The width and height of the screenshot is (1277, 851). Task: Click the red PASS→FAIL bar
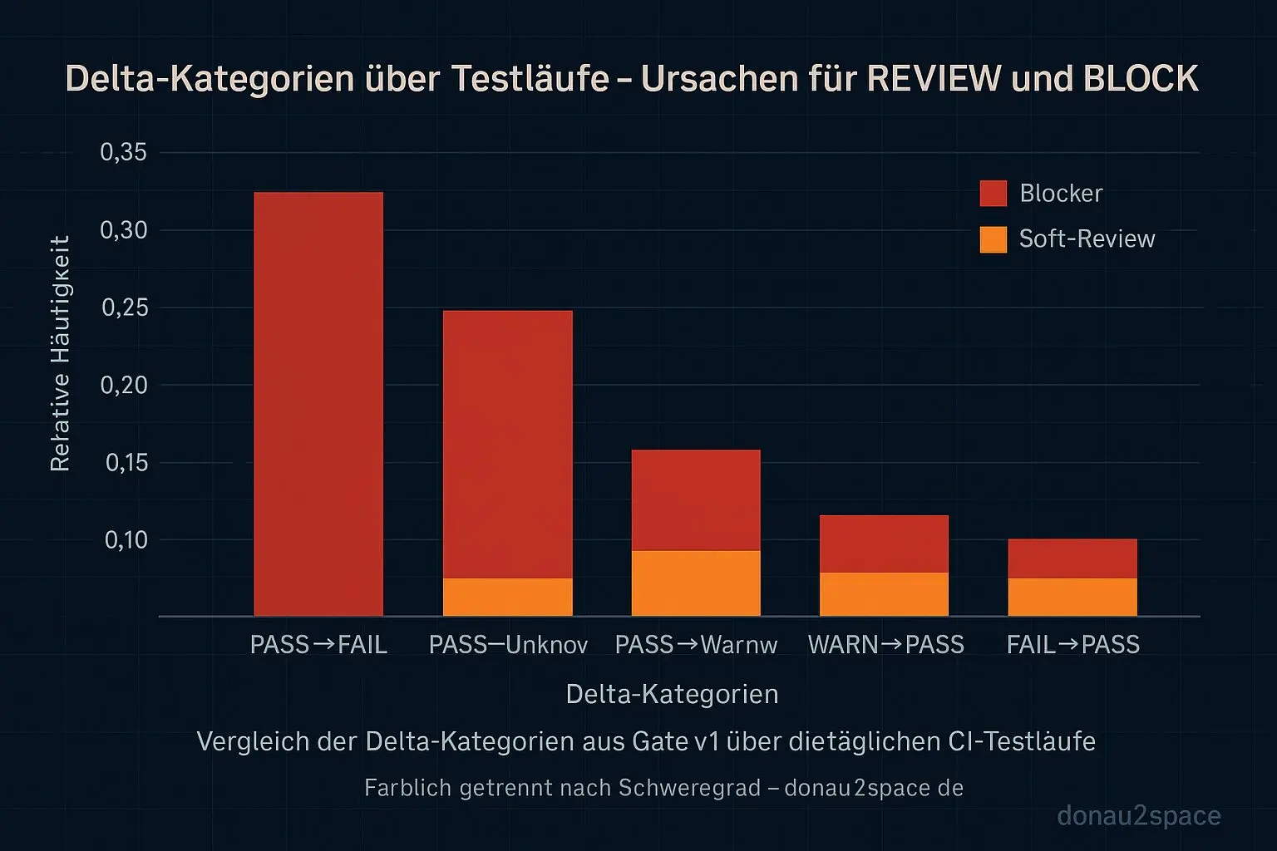[x=318, y=404]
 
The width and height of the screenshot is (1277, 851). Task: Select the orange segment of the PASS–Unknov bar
[x=507, y=597]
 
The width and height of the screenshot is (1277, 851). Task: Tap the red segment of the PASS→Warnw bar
[x=696, y=499]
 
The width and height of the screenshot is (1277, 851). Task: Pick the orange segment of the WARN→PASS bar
[x=884, y=594]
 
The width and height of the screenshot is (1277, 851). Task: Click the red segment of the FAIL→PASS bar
[x=1072, y=558]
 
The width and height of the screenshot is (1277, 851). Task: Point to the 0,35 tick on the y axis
[x=123, y=152]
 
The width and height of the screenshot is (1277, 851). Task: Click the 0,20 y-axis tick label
[x=123, y=385]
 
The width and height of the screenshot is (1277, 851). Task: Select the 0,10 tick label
[x=126, y=540]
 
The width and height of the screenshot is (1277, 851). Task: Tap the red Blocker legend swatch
[x=993, y=193]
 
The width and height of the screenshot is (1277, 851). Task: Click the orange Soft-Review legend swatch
[x=993, y=239]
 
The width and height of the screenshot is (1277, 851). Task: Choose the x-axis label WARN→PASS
[x=885, y=645]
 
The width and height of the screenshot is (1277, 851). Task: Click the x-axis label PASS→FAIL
[x=318, y=645]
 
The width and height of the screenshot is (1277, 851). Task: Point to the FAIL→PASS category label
[x=1072, y=645]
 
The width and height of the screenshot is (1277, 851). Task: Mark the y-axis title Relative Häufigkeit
[x=60, y=353]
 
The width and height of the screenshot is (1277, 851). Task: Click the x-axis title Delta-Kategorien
[x=672, y=694]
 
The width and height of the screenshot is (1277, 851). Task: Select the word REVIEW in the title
[x=934, y=79]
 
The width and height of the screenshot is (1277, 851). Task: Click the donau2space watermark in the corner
[x=1138, y=816]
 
